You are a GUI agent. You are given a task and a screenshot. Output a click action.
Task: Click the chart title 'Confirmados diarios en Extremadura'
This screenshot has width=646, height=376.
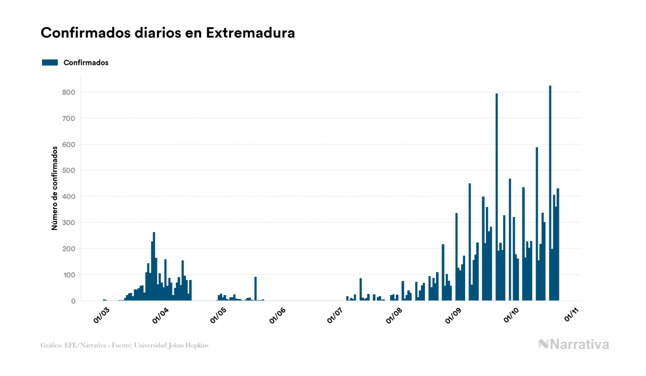click(x=168, y=33)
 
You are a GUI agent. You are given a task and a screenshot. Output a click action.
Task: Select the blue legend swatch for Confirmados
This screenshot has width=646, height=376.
click(x=50, y=62)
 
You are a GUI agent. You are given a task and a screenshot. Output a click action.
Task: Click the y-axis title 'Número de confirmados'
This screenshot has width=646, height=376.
click(x=55, y=189)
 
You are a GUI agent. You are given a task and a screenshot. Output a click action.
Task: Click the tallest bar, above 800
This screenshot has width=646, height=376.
click(x=550, y=192)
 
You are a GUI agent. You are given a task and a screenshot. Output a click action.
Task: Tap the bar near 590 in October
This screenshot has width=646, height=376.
click(x=537, y=223)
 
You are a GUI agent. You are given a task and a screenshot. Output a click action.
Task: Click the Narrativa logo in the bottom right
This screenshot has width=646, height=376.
click(x=573, y=344)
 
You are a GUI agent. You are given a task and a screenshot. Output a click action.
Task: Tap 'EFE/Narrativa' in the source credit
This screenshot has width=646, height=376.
click(x=81, y=345)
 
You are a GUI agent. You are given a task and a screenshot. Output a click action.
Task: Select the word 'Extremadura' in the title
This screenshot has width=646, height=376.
click(x=250, y=33)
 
